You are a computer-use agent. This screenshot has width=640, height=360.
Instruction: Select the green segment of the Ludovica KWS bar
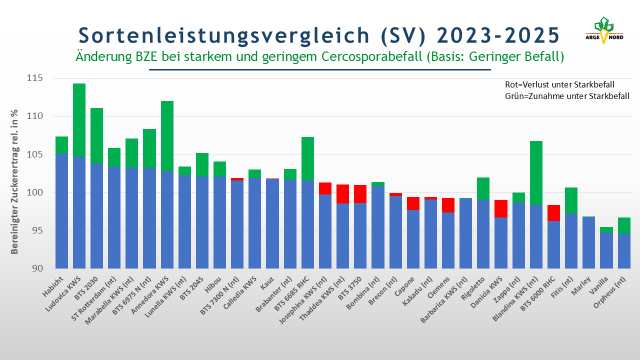[x=79, y=120]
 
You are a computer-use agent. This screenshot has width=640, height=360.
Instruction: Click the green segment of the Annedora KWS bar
[x=167, y=136]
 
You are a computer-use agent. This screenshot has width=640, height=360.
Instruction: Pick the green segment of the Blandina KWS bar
[x=536, y=173]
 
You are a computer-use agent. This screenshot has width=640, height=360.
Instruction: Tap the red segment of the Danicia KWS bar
[x=501, y=209]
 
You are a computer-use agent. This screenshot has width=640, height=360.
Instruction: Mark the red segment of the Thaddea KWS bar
[x=342, y=194]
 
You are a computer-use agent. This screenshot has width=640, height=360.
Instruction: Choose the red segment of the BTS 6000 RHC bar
[x=553, y=213]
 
